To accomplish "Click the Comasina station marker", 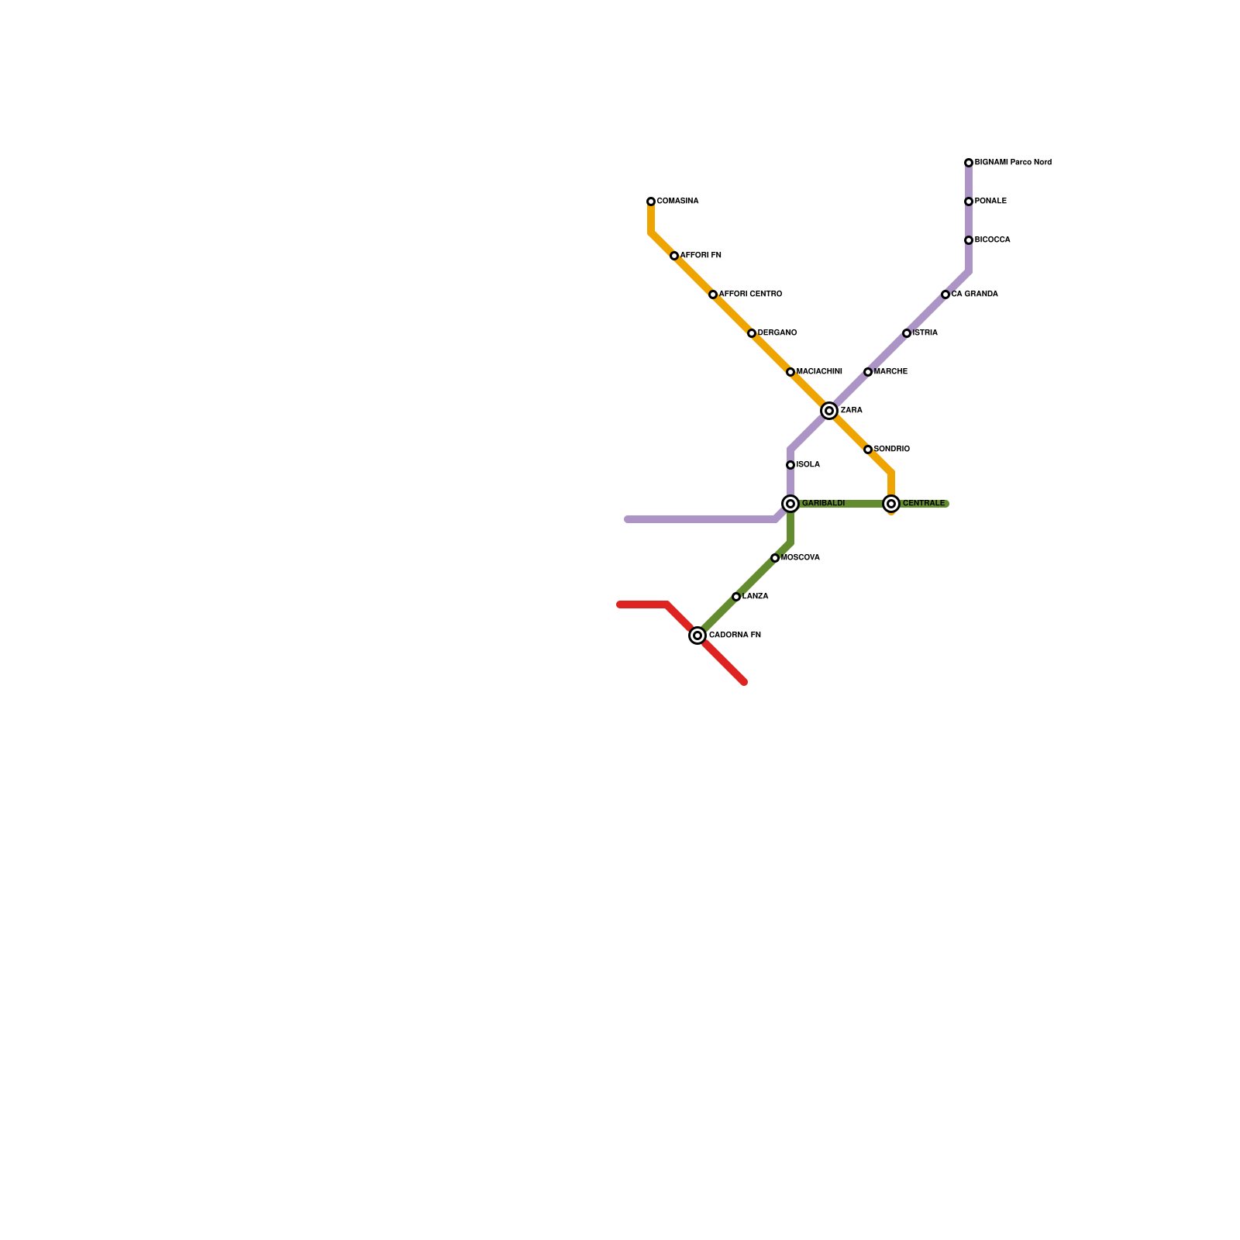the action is [x=651, y=201].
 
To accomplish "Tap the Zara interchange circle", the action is [x=829, y=411].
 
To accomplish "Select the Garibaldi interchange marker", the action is [x=790, y=504].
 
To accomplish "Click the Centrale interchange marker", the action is [x=891, y=504].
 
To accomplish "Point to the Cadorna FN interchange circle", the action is [x=697, y=635].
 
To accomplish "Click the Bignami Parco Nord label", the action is [x=1013, y=163].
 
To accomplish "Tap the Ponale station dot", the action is [x=969, y=201].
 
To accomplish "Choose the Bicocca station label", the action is [x=992, y=240].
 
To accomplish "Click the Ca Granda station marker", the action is [x=945, y=294].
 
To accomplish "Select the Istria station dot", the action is [x=907, y=333].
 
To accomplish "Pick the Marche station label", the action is [x=890, y=372].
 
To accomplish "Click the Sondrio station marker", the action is [x=868, y=449].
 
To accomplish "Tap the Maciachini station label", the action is [x=819, y=372].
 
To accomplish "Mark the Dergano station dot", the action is [x=752, y=333].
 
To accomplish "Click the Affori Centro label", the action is [x=750, y=294].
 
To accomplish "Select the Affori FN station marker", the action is [x=674, y=256].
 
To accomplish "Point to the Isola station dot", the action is [x=790, y=465].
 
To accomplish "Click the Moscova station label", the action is [x=801, y=558].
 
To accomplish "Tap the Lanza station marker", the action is [x=736, y=597].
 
